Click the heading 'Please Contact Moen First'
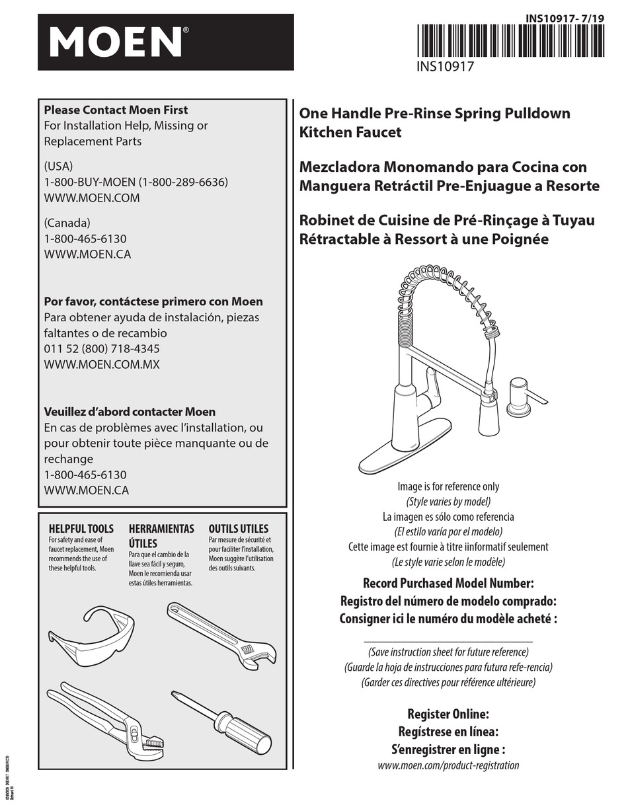116,110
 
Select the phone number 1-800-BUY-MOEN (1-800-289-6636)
136,182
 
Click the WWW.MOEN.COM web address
92,198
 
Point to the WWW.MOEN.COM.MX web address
102,364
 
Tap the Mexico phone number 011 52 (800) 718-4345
102,348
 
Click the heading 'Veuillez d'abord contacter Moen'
130,411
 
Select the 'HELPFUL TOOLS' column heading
81,529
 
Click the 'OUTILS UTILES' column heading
239,529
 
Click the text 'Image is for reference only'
448,486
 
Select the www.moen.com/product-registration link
448,765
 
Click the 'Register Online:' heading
448,714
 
